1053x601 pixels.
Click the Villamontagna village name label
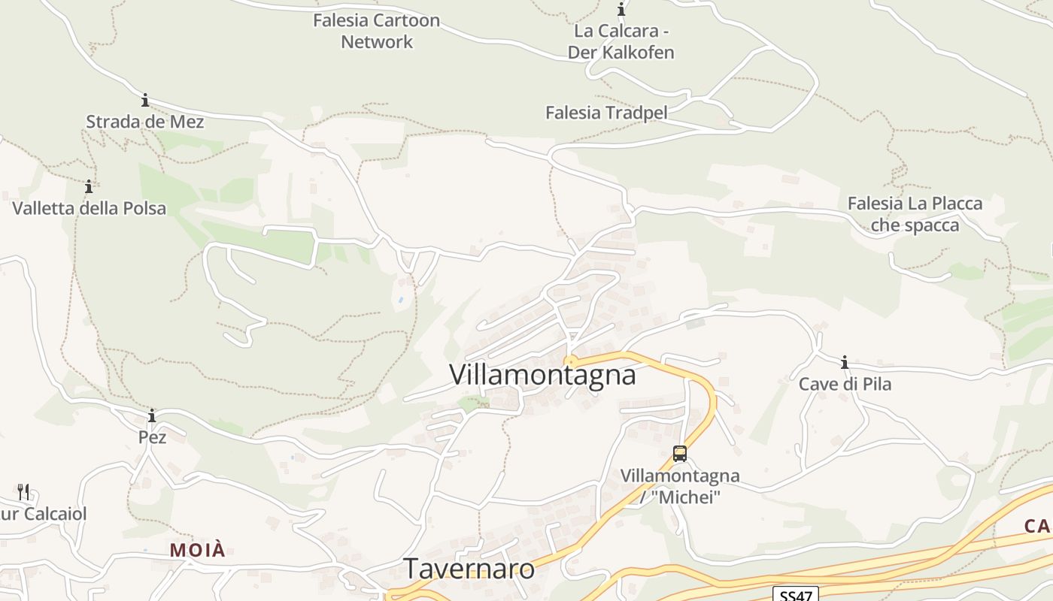coord(542,374)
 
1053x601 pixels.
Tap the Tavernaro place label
coord(469,569)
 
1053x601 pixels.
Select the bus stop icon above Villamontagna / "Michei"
coord(680,454)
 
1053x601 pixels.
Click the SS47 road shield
coord(795,595)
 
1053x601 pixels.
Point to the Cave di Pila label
coord(845,384)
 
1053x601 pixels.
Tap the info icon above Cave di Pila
coord(845,363)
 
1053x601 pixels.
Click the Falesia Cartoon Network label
coord(377,31)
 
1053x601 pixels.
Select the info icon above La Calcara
coord(621,10)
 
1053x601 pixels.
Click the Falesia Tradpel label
coord(606,113)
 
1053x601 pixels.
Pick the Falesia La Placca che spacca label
coord(915,214)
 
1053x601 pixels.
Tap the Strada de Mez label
coord(144,121)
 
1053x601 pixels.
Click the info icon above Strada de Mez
coord(144,100)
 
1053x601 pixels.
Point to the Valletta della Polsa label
coord(89,208)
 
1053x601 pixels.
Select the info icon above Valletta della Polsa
coord(89,186)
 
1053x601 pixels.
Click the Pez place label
coord(152,436)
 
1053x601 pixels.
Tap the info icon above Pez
coord(152,415)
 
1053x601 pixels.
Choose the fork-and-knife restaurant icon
coord(23,492)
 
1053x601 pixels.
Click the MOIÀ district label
coord(197,550)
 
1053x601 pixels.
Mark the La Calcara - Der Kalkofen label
coord(621,42)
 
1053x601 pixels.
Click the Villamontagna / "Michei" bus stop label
coord(680,486)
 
